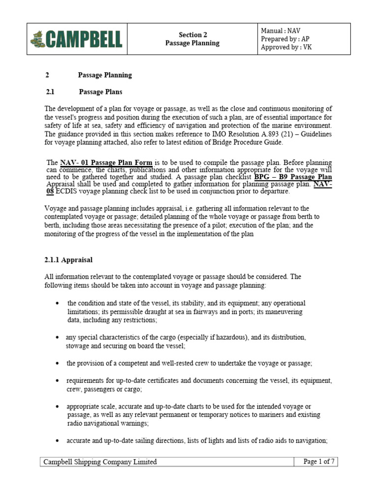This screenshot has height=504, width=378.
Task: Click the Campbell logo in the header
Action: [x=76, y=39]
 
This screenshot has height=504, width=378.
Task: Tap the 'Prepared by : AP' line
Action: [x=285, y=39]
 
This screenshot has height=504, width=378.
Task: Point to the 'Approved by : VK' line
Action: [x=286, y=48]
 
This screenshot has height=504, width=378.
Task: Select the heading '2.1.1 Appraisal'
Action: [x=68, y=259]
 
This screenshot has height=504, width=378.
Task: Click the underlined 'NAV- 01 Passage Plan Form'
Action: [x=108, y=162]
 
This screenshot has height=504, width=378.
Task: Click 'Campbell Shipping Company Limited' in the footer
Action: [x=100, y=462]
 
